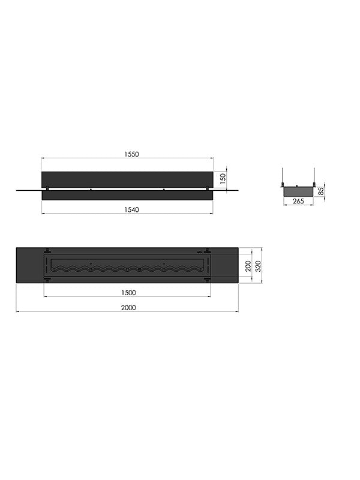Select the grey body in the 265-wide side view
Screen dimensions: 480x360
coord(298,189)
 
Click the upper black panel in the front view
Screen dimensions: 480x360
coord(127,179)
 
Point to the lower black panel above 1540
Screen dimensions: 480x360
coord(127,195)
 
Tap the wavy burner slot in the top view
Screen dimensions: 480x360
coord(127,268)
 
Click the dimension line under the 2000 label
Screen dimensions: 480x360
coord(127,311)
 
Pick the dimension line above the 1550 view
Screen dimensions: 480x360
coord(127,158)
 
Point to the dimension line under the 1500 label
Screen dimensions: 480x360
coord(127,296)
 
